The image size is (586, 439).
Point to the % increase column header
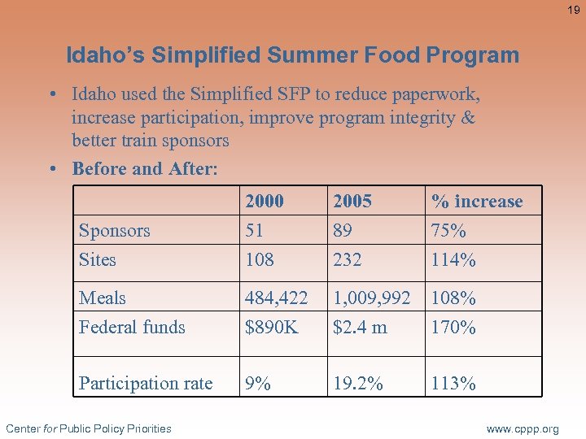477,202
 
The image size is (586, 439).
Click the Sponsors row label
115,231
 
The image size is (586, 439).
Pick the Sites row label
98,260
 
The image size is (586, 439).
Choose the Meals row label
103,298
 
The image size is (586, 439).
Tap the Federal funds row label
132,328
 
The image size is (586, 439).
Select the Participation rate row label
146,383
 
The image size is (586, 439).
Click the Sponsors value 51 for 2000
255,231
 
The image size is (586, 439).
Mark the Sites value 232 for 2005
348,260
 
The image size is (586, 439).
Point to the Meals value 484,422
278,298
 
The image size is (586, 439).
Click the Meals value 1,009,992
372,298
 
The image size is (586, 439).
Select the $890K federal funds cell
273,328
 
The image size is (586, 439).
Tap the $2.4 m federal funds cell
360,328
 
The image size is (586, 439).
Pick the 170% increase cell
453,328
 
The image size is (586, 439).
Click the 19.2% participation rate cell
358,383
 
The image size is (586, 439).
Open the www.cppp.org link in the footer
523,428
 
